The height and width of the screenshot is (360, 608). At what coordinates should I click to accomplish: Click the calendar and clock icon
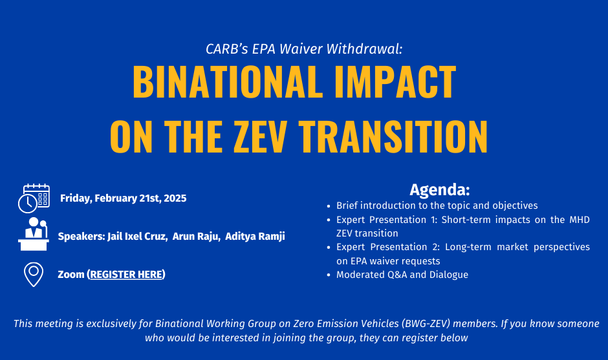34,198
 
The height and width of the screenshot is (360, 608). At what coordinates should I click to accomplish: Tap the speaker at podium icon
34,234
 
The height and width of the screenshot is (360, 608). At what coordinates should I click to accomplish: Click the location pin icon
34,274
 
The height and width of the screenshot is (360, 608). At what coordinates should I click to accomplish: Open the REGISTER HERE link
126,274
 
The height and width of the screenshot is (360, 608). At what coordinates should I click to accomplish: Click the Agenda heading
440,189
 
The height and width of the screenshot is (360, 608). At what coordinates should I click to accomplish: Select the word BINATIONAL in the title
228,82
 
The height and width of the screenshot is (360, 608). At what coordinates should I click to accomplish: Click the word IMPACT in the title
395,82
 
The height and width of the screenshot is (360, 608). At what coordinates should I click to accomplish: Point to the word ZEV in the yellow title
261,136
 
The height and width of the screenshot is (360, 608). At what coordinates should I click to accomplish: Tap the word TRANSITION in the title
393,136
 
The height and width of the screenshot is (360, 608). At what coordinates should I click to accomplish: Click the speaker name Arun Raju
196,236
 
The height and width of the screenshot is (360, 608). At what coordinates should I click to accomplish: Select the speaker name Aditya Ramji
255,236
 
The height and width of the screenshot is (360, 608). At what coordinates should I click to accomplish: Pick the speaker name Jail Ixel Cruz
137,236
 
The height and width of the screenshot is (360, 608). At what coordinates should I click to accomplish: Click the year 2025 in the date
175,198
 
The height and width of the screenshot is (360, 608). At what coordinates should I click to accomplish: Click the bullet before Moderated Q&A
329,275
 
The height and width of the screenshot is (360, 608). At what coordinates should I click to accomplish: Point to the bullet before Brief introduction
329,206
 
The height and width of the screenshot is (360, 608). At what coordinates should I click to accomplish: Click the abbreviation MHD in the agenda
580,220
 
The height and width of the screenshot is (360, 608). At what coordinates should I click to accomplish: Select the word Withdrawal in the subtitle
365,49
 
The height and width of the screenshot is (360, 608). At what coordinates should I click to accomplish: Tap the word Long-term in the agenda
468,248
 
